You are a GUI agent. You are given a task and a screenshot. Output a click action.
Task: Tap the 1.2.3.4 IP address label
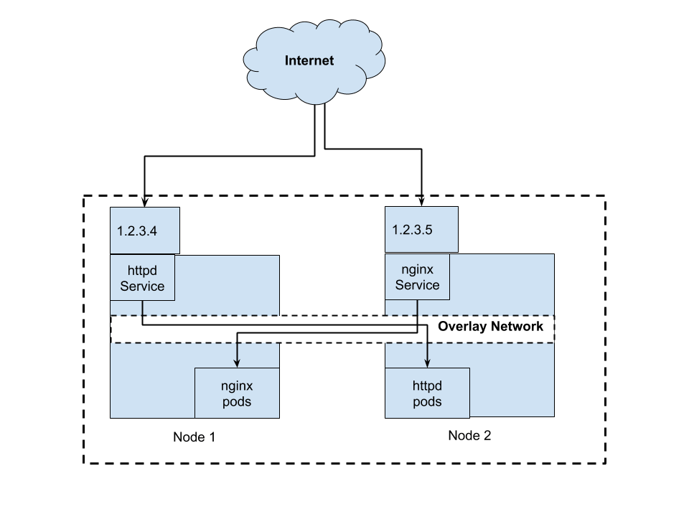pos(136,231)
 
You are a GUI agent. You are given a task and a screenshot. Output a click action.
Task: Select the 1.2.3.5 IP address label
pos(412,230)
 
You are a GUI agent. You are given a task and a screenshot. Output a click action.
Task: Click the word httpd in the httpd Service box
pos(142,271)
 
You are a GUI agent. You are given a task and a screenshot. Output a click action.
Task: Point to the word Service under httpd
pos(142,287)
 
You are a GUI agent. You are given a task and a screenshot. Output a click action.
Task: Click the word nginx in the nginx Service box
pos(417,270)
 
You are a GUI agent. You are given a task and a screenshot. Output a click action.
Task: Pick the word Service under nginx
pos(417,285)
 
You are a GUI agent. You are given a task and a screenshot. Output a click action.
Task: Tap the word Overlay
pos(462,327)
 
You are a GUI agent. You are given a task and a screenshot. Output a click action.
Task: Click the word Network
pos(520,327)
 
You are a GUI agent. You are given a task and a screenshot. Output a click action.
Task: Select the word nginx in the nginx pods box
pos(236,386)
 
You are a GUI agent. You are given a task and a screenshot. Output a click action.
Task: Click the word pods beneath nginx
pos(236,401)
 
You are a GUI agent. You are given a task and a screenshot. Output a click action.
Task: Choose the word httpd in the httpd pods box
pos(427,386)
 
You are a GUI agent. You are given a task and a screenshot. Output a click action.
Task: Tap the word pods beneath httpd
pos(427,401)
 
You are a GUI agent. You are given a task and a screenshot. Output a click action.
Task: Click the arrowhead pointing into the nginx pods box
pos(237,363)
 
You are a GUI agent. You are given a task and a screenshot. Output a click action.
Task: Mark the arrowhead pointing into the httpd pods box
pos(428,363)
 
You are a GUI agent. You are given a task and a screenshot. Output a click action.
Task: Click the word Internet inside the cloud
pos(309,60)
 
